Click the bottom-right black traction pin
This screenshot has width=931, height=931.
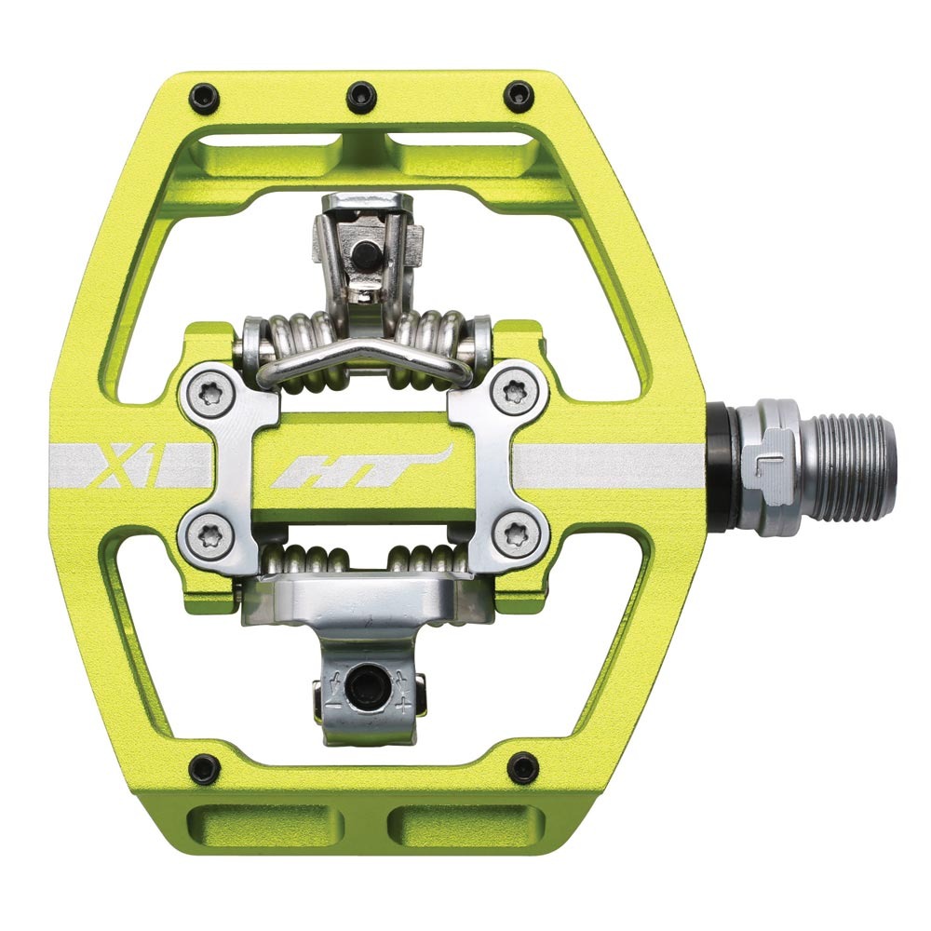[524, 763]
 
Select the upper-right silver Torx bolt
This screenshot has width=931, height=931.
[514, 391]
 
